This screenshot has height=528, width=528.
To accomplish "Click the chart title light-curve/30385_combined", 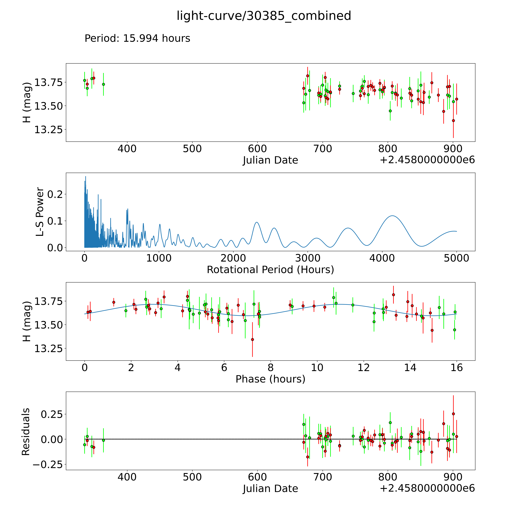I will [264, 16].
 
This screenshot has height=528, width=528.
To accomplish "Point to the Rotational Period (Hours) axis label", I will [270, 270].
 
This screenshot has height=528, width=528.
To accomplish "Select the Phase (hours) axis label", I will [270, 379].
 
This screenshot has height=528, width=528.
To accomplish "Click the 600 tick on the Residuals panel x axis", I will [257, 477].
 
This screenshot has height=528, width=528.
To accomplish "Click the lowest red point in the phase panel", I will [252, 339].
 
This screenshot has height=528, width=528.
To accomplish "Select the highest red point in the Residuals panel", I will [453, 414].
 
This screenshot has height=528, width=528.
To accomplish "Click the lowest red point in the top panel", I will [453, 121].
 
